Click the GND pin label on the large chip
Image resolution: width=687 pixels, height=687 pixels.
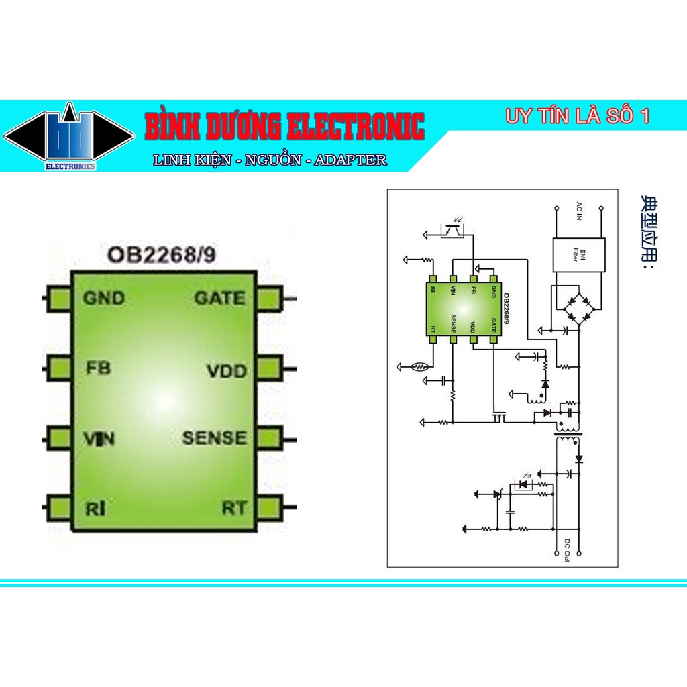click(x=104, y=298)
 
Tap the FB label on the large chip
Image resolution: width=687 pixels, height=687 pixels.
click(x=99, y=368)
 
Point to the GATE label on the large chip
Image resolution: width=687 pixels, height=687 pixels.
click(x=219, y=298)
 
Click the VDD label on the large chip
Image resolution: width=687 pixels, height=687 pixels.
click(x=226, y=370)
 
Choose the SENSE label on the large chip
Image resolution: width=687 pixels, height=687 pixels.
click(x=214, y=438)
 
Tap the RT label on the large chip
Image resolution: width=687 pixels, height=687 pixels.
click(x=234, y=508)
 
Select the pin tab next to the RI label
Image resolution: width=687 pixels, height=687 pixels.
click(x=59, y=507)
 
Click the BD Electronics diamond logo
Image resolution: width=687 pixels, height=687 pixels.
click(x=69, y=137)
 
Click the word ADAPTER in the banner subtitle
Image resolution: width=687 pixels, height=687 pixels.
click(x=351, y=160)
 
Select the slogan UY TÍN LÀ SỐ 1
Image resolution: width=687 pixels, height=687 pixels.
click(x=578, y=116)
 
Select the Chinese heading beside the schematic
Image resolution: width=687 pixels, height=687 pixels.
click(x=648, y=231)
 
